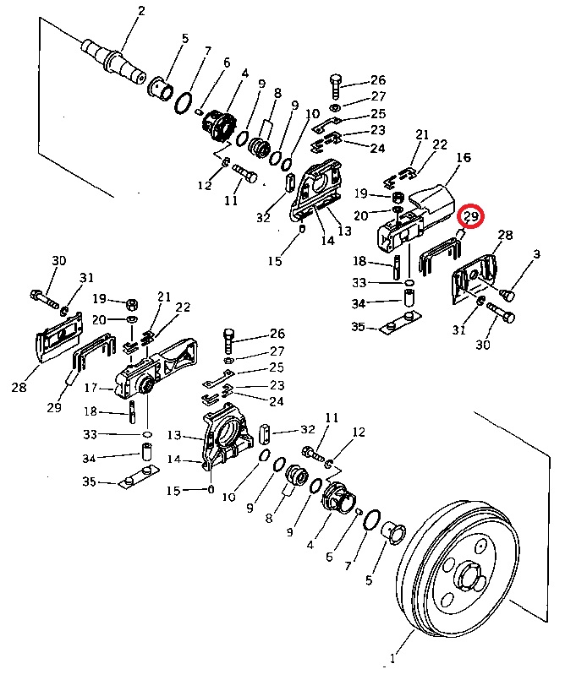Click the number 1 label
(392, 659)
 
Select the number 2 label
(141, 11)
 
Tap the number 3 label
(536, 254)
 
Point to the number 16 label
(464, 157)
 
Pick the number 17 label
(91, 387)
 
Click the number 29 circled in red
(471, 215)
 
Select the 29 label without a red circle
(54, 408)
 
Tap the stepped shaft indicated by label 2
(113, 58)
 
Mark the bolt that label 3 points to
(507, 295)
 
